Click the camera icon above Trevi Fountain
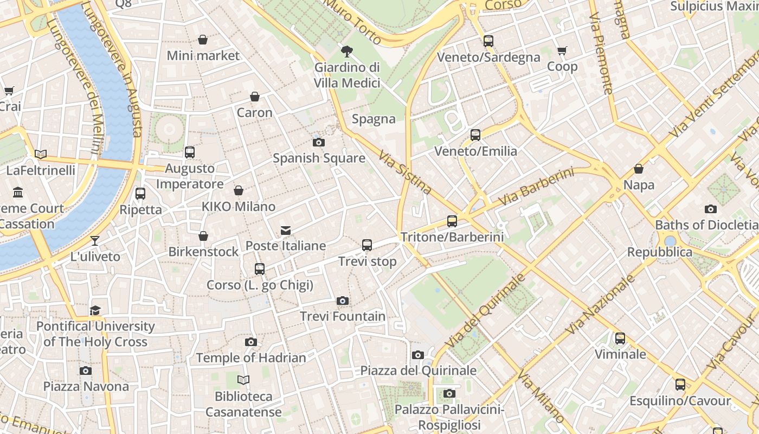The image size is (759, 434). pos(342,301)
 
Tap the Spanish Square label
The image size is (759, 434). pos(319,158)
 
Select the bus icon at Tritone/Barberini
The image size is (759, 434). pos(452,221)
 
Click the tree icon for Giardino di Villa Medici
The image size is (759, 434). pos(346,52)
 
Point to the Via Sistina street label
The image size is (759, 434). pos(405,173)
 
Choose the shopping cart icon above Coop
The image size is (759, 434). pos(562,50)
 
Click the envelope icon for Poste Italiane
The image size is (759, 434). pos(286,231)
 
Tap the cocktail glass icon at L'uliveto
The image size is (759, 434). pos(95,240)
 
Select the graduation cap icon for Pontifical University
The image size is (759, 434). pos(95,310)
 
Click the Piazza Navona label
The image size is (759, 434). pos(86,387)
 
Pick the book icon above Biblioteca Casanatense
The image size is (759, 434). pos(243,380)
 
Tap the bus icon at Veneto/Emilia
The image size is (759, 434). pos(475,135)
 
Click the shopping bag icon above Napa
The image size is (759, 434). pos(639,169)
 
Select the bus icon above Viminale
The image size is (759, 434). pos(620,339)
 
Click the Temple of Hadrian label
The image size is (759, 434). pos(251,358)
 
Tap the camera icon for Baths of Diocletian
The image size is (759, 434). pos(710,209)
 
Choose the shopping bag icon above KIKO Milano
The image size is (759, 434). pos(238,190)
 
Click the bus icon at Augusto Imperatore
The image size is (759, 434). pos(189,152)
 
